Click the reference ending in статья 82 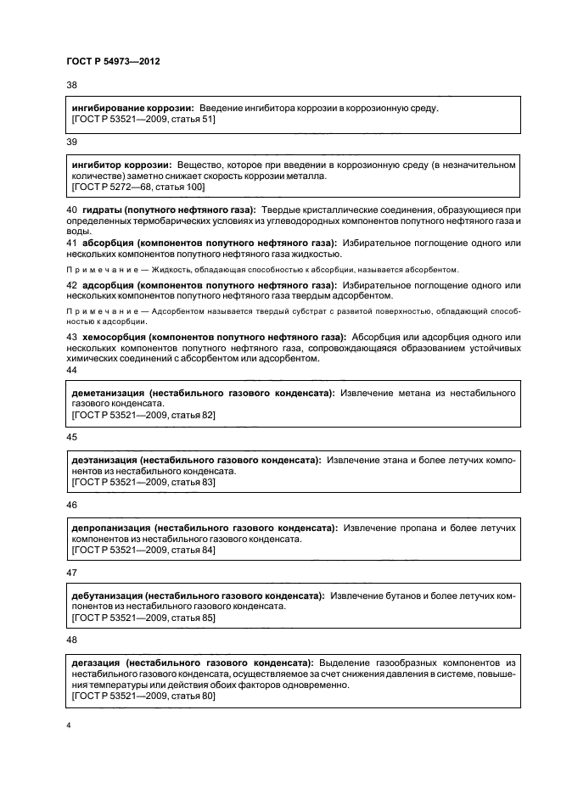coord(143,415)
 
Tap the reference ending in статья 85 coord(143,618)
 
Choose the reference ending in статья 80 coord(143,696)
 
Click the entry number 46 coord(71,504)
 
